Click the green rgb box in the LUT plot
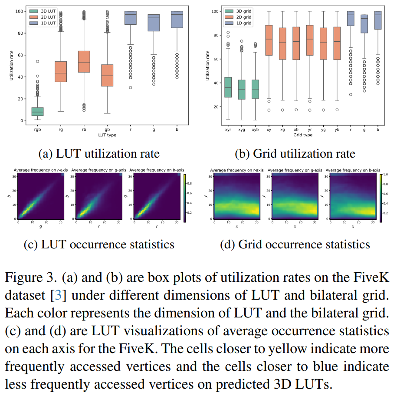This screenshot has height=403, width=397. tap(37, 112)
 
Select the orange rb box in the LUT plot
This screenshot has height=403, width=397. tap(84, 62)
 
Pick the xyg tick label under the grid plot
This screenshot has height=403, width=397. tap(241, 129)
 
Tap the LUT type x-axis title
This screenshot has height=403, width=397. tap(107, 135)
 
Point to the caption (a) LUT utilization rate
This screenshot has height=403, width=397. tap(99, 154)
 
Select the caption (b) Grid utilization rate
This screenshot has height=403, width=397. tap(295, 154)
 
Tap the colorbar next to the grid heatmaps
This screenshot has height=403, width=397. tap(380, 198)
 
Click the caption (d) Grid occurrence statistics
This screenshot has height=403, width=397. tap(295, 244)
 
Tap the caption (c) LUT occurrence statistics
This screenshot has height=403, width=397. tap(99, 244)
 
